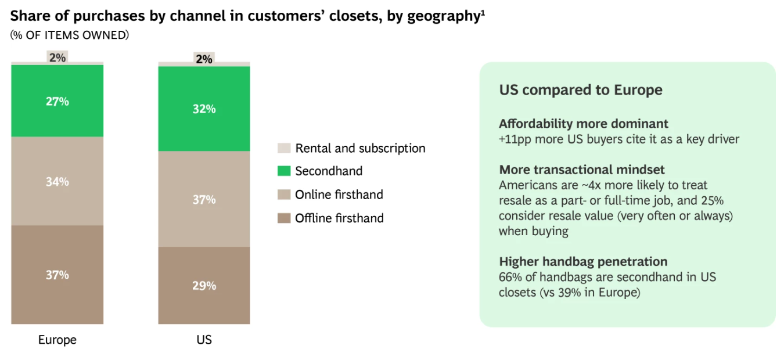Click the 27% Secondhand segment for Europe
[x=57, y=101]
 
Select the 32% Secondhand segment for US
[x=204, y=109]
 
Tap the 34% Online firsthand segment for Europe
[x=57, y=181]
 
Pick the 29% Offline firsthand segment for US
[x=204, y=286]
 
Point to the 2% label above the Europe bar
[x=57, y=57]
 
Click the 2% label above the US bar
[x=204, y=59]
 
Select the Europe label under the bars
[x=57, y=340]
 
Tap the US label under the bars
[x=204, y=340]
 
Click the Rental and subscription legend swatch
[x=284, y=148]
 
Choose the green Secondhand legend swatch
[x=284, y=171]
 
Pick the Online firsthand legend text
[x=339, y=195]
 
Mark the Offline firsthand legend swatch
[x=284, y=218]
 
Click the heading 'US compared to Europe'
[x=581, y=90]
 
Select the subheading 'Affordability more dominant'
[x=584, y=124]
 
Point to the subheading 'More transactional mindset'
[x=582, y=170]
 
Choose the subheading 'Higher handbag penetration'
[x=583, y=261]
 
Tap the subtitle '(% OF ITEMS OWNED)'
[x=70, y=35]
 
